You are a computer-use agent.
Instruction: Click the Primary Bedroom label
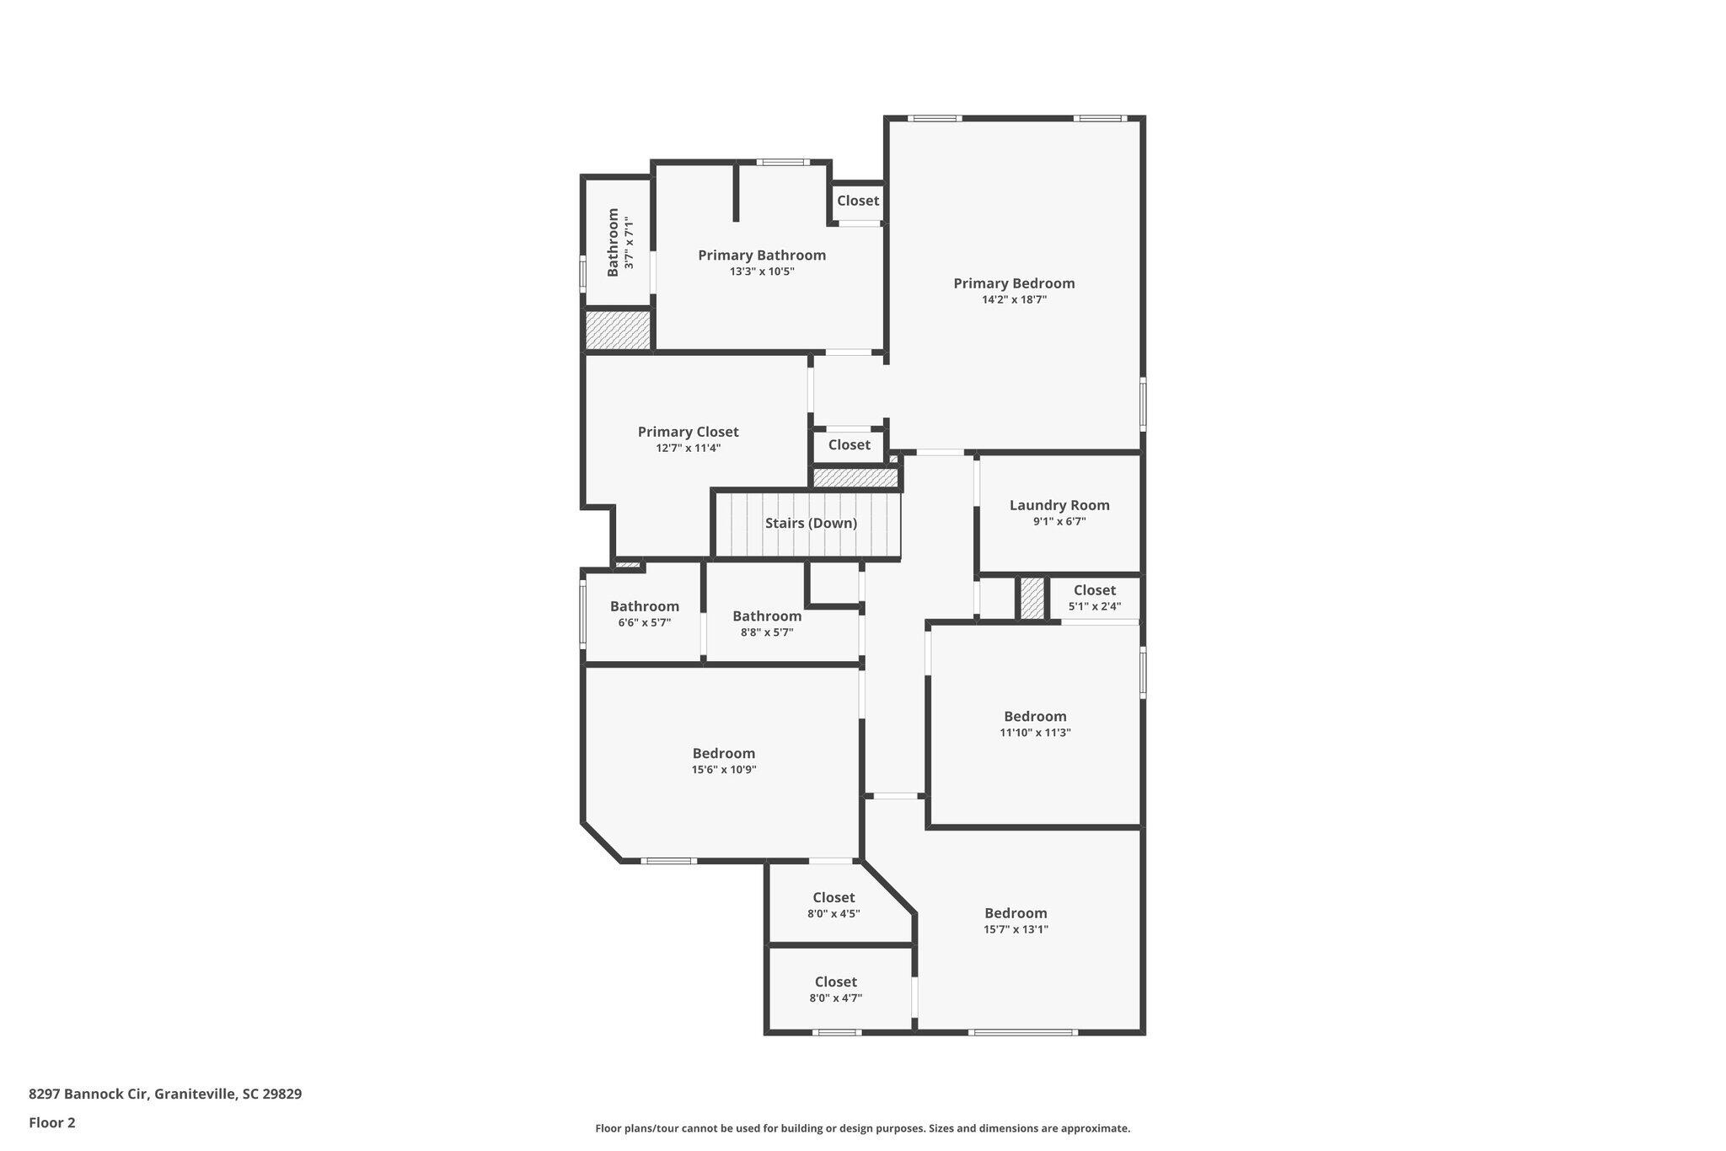point(1014,283)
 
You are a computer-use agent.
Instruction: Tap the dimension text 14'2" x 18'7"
point(1014,299)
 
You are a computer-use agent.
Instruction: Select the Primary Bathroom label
point(762,255)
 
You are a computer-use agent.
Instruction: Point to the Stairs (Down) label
point(811,523)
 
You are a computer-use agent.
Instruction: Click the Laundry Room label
point(1059,505)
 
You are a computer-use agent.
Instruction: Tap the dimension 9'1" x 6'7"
point(1059,521)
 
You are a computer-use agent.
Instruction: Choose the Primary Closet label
point(688,432)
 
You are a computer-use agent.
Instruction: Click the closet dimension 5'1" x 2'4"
point(1095,606)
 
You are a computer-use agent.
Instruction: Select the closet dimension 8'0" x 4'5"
point(834,913)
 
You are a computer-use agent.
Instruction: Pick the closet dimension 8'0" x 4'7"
point(835,998)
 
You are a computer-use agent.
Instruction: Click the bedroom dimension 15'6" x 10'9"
point(724,769)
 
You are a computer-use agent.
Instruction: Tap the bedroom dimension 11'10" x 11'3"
point(1035,733)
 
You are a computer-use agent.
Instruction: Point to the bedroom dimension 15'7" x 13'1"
point(1016,929)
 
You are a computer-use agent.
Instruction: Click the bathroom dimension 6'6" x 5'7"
point(645,622)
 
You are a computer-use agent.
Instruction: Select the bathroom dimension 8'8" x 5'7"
point(767,632)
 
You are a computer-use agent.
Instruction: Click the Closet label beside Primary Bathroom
point(858,201)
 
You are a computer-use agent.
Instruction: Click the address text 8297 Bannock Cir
point(89,1094)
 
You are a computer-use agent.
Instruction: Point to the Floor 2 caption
point(52,1122)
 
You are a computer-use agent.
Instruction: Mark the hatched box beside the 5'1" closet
point(1032,599)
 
